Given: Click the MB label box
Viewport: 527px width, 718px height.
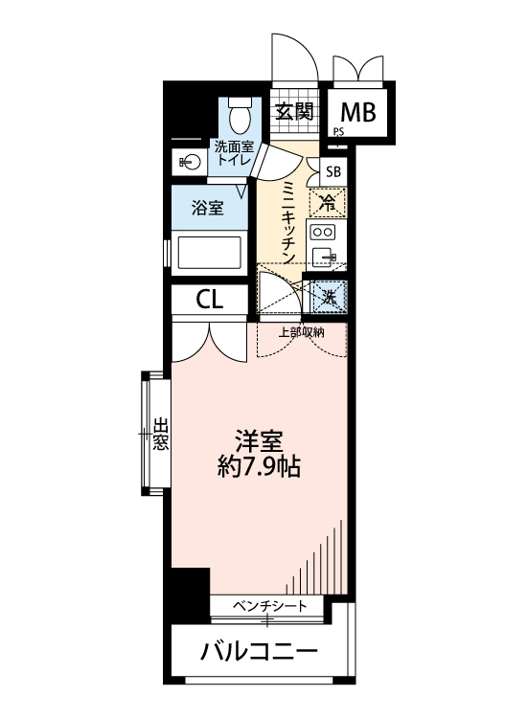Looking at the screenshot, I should tap(358, 112).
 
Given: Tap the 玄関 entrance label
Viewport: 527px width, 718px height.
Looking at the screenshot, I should tap(295, 112).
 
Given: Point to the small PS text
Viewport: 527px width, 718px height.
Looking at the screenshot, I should tap(338, 133).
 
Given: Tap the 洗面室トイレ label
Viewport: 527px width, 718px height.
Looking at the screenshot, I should tap(233, 154).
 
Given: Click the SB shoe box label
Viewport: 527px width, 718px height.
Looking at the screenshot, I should tap(332, 172).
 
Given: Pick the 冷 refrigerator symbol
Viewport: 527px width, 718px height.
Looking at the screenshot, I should tap(328, 201).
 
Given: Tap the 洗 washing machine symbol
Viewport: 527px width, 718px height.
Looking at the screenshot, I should tap(328, 297).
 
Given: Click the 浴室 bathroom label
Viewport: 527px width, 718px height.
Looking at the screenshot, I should tap(207, 208).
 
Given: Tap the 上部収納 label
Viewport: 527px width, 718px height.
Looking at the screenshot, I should tap(301, 332).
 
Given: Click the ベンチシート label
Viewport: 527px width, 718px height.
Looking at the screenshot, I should tap(270, 605).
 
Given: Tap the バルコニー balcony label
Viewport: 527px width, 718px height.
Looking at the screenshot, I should tap(259, 654).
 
